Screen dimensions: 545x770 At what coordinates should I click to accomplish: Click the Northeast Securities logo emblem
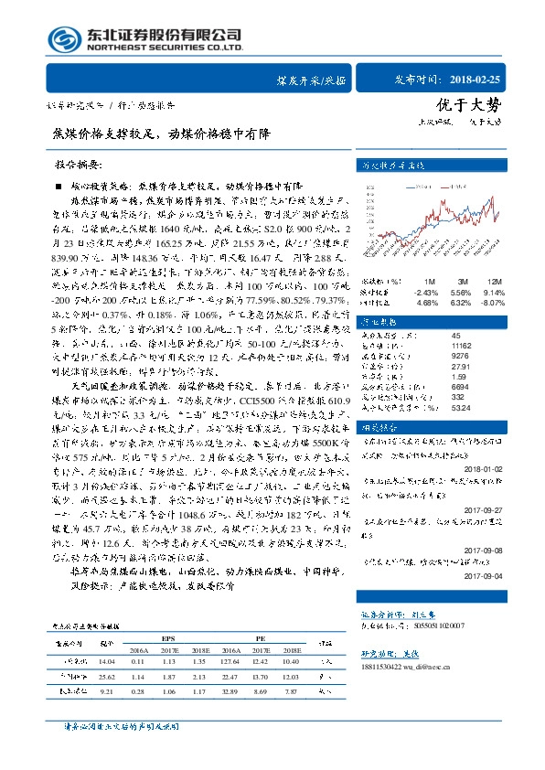62,40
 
